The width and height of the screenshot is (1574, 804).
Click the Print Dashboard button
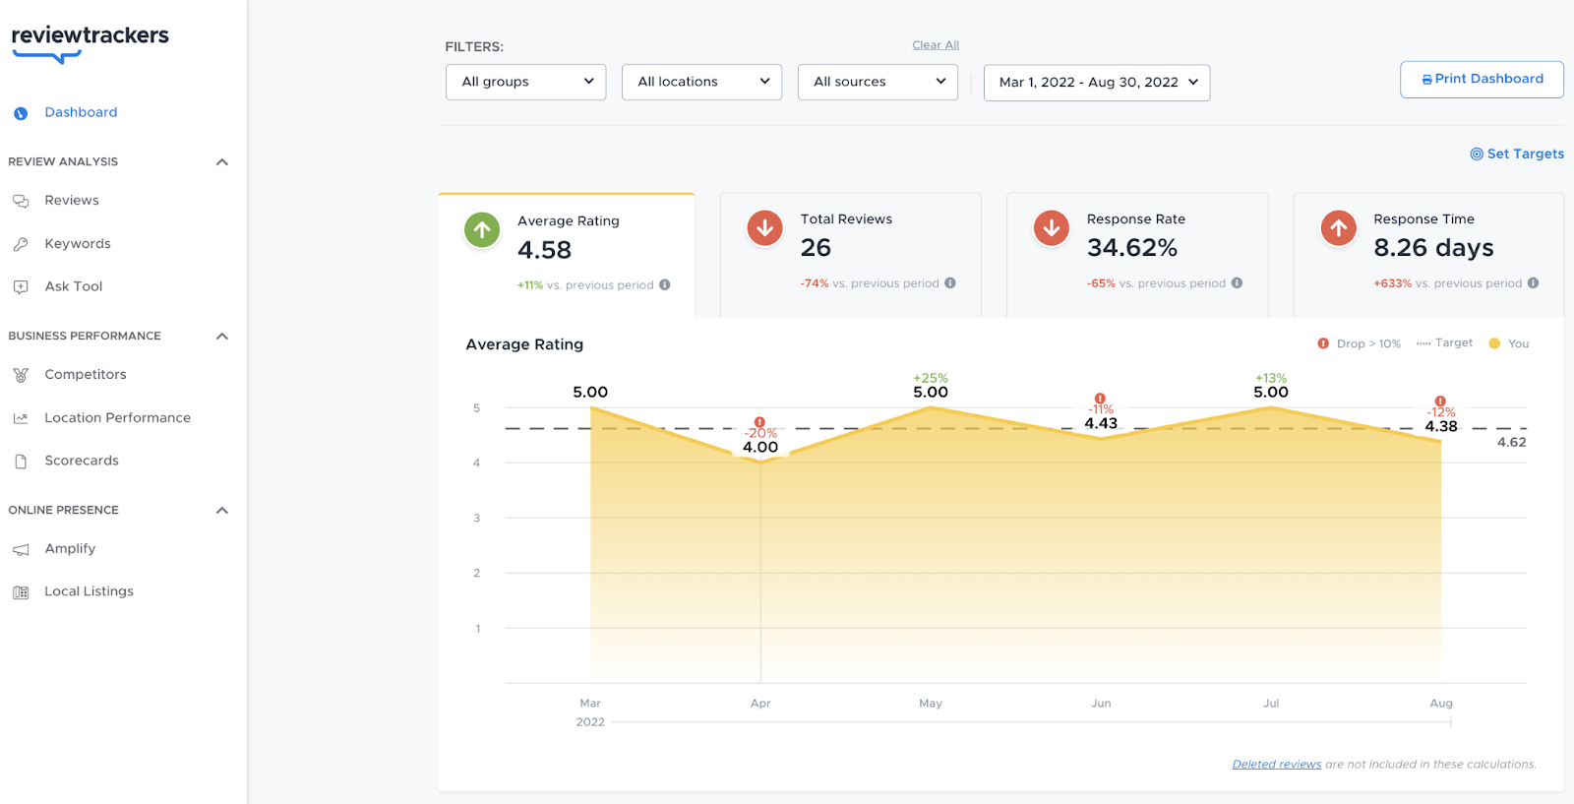[x=1482, y=79]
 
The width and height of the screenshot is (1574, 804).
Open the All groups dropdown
[x=526, y=82]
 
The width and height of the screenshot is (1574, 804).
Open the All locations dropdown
[x=701, y=82]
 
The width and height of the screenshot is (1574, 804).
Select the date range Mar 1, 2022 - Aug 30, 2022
[x=1097, y=83]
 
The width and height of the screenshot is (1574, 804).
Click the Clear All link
[x=935, y=45]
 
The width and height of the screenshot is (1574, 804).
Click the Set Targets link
[x=1517, y=154]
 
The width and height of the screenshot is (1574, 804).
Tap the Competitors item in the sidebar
[x=85, y=374]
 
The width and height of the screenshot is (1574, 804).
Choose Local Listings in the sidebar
[x=89, y=591]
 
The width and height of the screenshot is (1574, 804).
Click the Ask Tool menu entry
[x=73, y=286]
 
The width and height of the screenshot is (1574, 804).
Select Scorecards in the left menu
[x=81, y=461]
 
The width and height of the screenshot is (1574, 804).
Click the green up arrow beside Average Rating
[x=482, y=230]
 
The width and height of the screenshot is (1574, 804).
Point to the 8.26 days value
[x=1432, y=248]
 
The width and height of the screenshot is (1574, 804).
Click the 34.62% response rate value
[x=1131, y=248]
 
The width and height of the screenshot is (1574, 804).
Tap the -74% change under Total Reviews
[x=815, y=283]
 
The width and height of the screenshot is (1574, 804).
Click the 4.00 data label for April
[x=760, y=448]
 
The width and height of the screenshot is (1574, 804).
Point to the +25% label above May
[x=931, y=378]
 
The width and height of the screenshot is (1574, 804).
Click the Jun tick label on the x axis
[x=1101, y=704]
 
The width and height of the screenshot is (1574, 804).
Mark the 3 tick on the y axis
[x=477, y=518]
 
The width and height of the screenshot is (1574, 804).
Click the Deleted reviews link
[x=1276, y=765]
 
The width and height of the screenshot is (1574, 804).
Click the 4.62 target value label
[x=1511, y=443]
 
